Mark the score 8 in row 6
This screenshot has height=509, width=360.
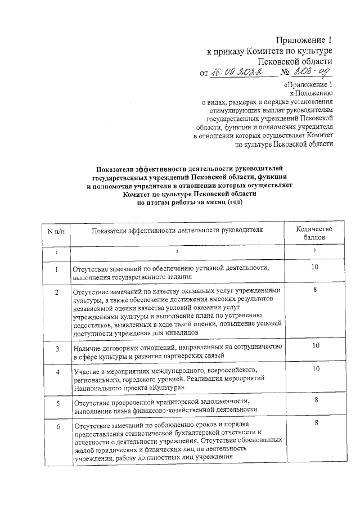point(318,423)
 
